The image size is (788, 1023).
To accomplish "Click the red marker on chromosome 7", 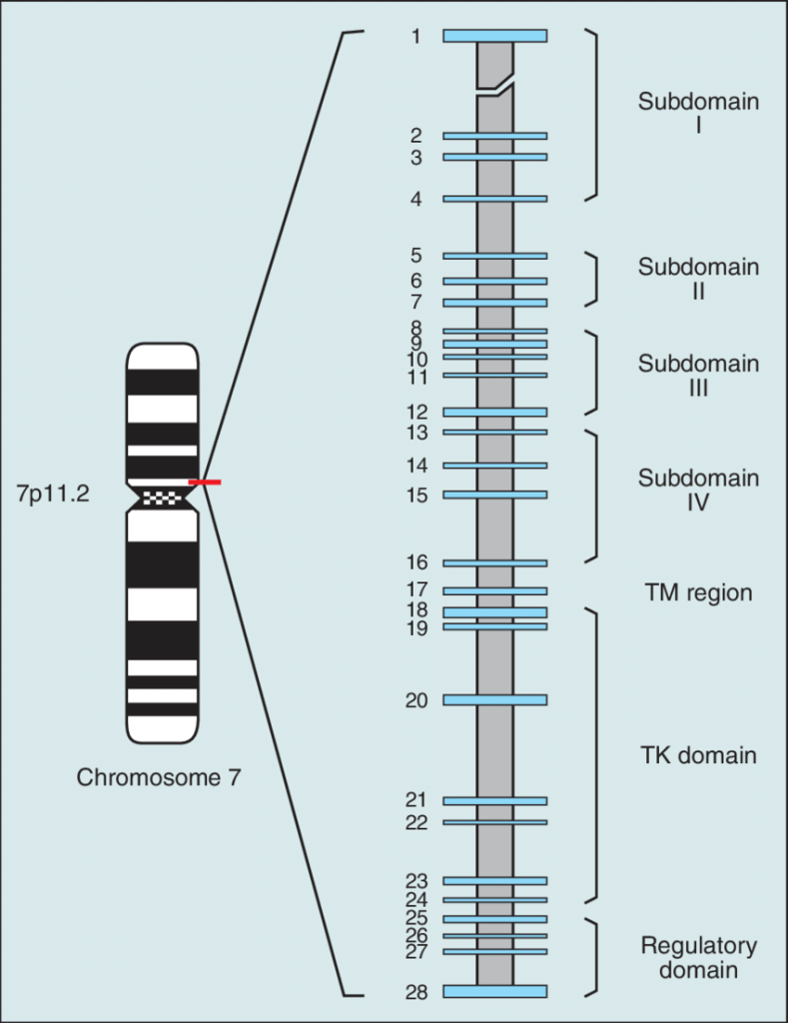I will point(205,483).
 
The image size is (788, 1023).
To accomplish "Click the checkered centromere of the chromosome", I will point(161,497).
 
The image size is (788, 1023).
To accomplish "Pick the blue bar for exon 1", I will point(495,36).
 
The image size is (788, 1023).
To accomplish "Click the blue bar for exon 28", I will point(495,991).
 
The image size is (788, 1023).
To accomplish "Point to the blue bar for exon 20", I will point(495,699).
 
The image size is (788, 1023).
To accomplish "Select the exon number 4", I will point(416,199).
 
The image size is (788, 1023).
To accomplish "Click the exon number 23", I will point(416,880).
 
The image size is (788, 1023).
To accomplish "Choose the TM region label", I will point(698,592).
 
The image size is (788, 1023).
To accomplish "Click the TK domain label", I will point(698,755).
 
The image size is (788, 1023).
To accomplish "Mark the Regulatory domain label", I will point(698,957).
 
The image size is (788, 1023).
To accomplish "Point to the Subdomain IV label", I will point(698,490).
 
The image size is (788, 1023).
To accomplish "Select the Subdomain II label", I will point(698,279).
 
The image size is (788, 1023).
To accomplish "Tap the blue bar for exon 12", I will point(495,412).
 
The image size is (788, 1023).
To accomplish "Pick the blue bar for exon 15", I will point(495,495).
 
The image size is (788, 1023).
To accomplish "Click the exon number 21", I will point(416,800).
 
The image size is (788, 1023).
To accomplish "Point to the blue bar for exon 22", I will point(495,822).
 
